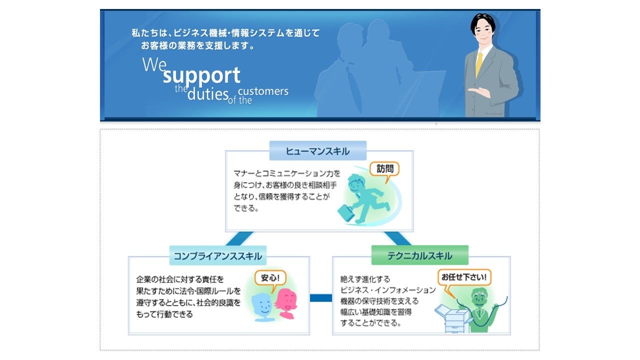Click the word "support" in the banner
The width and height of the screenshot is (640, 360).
click(201, 75)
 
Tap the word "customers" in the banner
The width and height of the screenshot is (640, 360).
click(263, 91)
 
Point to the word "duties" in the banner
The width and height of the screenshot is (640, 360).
click(207, 93)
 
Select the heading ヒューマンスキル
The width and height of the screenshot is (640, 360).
click(317, 151)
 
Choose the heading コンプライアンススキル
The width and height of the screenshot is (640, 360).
click(217, 256)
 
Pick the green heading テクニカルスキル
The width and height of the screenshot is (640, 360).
click(419, 255)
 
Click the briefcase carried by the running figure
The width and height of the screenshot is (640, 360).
click(345, 213)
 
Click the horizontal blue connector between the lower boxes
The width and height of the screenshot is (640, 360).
click(320, 298)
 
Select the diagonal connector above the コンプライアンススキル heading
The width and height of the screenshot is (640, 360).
click(239, 238)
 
